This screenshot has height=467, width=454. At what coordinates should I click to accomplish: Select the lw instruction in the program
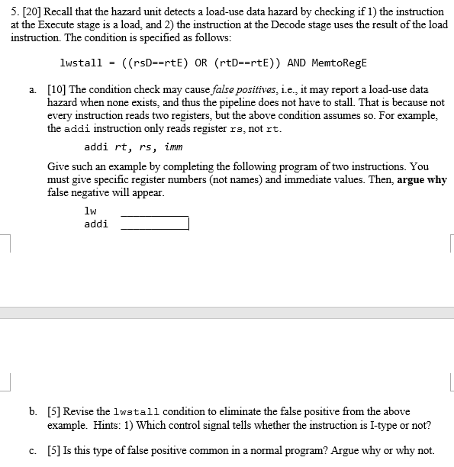pyautogui.click(x=90, y=210)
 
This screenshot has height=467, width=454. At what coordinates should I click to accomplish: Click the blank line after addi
pyautogui.click(x=155, y=224)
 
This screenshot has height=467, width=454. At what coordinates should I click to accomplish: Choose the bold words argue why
pyautogui.click(x=422, y=180)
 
